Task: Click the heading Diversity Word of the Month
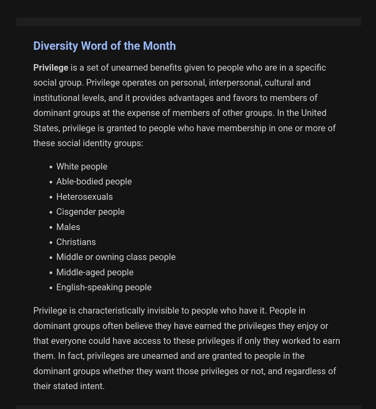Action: coord(104,46)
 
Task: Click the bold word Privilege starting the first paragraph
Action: coord(51,68)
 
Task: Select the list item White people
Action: coord(82,166)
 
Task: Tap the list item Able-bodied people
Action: coord(94,182)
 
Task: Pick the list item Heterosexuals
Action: coord(85,197)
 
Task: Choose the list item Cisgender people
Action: coord(90,212)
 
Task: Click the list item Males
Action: coord(68,227)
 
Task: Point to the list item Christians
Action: coord(76,242)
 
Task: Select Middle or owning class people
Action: coord(116,257)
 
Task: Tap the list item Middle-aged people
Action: coord(95,272)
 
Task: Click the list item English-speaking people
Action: coord(104,287)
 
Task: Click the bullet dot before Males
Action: coord(51,227)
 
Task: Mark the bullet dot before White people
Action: coord(51,167)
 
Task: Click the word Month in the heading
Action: coord(159,46)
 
